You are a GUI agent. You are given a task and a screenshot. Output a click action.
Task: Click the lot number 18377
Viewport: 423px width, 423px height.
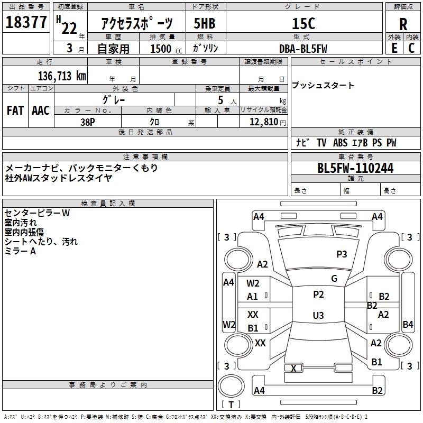26,23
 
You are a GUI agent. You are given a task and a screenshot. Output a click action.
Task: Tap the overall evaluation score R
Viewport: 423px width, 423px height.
403,24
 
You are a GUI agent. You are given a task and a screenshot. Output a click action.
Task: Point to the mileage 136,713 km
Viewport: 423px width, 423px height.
62,76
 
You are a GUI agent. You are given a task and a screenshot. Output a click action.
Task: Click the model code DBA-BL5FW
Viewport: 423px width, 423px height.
303,49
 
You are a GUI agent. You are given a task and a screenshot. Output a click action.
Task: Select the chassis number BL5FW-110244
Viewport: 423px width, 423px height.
355,169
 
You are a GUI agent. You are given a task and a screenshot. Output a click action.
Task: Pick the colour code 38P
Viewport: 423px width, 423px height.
88,121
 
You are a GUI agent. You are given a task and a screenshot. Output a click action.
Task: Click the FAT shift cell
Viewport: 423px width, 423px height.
15,110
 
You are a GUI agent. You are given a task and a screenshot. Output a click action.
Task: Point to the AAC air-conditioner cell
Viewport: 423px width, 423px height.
40,110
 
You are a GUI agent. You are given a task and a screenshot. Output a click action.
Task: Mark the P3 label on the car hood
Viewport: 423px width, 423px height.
342,254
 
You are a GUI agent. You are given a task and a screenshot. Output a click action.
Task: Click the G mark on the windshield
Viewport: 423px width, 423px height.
334,279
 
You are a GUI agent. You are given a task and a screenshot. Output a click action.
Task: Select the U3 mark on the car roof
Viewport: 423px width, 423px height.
318,316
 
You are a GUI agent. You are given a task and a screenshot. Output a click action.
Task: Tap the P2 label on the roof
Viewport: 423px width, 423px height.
318,295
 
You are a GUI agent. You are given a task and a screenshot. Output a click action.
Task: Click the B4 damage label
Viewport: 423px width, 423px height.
408,325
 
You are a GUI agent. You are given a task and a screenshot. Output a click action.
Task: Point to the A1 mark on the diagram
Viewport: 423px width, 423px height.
253,297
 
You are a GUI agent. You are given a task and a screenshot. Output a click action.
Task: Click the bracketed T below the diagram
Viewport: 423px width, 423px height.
231,404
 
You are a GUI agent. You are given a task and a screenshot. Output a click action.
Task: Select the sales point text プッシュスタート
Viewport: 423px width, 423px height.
323,86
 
